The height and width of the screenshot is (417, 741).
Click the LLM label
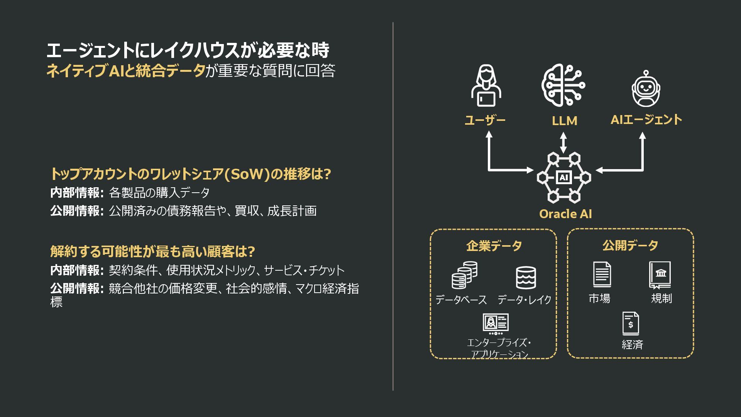(564, 121)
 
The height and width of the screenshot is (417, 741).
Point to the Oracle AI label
(565, 214)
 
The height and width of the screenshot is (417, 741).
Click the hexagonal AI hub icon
(563, 178)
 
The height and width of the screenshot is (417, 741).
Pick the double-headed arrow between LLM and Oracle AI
(563, 142)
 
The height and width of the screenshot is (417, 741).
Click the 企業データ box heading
(494, 246)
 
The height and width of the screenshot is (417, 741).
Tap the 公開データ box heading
(630, 245)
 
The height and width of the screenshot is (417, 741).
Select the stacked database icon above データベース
(464, 275)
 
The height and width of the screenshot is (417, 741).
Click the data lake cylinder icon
(526, 278)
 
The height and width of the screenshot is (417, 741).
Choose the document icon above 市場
(602, 275)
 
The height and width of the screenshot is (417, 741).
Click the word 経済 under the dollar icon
(632, 344)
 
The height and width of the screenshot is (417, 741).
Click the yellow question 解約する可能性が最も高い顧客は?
(152, 252)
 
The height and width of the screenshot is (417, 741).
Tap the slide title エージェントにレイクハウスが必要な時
(188, 51)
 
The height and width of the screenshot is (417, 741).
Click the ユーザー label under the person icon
(485, 120)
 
